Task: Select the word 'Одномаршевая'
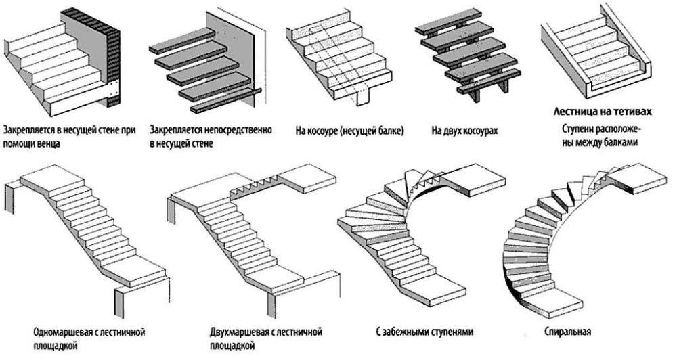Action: tap(64, 332)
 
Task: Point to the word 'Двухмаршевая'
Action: tap(240, 332)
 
